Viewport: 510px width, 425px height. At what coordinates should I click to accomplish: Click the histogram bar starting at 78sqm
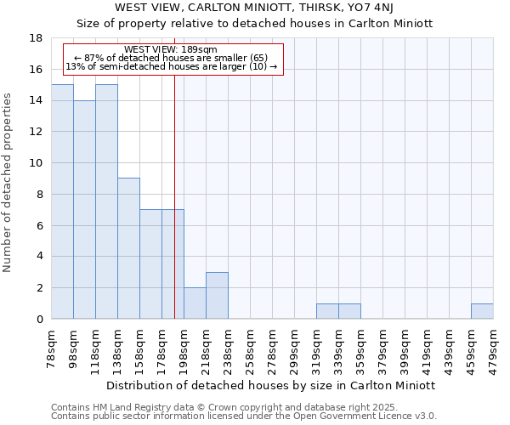point(62,201)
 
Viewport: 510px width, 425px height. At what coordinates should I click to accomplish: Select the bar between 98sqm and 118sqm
point(84,209)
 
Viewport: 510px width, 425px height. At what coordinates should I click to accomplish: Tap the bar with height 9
point(128,248)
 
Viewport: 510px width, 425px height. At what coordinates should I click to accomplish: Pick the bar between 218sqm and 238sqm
point(217,296)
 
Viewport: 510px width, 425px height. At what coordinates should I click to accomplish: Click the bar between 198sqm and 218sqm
point(195,303)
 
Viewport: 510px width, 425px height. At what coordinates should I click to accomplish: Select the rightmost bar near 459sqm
point(482,311)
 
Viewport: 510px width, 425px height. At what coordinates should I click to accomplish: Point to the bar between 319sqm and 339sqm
point(327,311)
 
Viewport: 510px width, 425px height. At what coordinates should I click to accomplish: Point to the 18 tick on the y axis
point(36,38)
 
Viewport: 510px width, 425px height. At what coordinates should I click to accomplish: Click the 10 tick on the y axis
point(36,163)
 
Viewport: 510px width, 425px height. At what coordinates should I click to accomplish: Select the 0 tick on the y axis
point(39,320)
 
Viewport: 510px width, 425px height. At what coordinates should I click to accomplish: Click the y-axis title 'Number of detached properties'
point(8,194)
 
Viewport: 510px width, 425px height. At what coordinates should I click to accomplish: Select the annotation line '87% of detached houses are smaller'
point(171,58)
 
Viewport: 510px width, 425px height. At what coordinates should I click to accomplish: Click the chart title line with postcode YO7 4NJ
point(254,7)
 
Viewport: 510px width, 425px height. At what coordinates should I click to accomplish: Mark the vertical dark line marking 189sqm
point(174,212)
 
